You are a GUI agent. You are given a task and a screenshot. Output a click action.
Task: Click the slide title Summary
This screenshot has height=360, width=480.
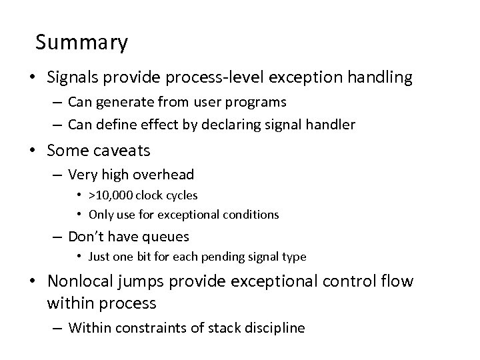[81, 43]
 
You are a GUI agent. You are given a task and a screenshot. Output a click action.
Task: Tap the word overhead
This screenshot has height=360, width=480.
[163, 175]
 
